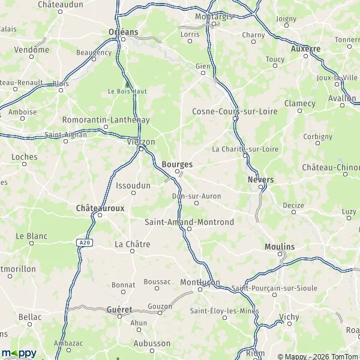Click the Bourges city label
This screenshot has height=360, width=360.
(x=178, y=164)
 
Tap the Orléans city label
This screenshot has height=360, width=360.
(x=124, y=32)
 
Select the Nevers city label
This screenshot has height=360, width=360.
(x=260, y=179)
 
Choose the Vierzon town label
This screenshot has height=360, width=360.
(x=142, y=142)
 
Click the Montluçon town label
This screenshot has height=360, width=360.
(x=200, y=282)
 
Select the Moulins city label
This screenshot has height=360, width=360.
(x=280, y=247)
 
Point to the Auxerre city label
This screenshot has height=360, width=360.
(x=305, y=49)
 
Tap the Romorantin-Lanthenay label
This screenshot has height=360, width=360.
(x=106, y=119)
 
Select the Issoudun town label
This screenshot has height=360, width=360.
(x=133, y=185)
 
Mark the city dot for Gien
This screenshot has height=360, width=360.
(x=203, y=73)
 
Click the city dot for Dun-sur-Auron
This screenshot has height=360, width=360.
(x=196, y=203)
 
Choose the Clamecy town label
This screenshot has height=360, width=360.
(x=300, y=103)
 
